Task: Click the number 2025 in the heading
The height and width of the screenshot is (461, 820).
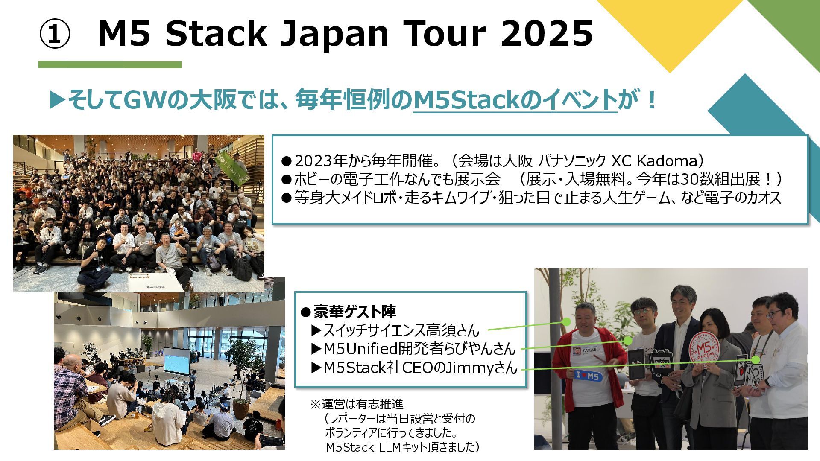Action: [x=547, y=33]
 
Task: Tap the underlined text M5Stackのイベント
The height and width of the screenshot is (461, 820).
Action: [x=515, y=101]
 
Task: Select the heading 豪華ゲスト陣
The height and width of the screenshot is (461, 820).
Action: [x=354, y=312]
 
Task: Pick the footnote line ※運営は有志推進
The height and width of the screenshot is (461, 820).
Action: [x=357, y=404]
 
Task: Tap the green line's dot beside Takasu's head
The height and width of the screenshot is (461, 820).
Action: [x=566, y=321]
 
